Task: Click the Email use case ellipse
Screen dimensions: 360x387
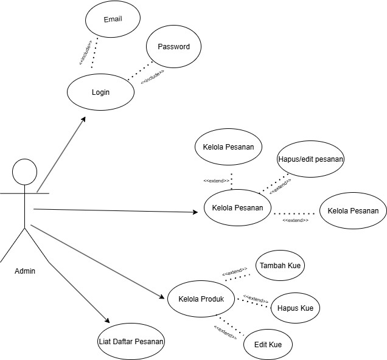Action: coord(113,19)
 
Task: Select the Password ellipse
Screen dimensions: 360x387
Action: coord(173,47)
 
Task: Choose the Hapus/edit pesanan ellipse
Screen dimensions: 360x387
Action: coord(310,159)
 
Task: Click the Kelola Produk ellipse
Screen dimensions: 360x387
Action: coord(201,299)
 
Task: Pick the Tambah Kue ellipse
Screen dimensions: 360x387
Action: coord(281,266)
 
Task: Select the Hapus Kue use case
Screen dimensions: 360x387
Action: coord(295,308)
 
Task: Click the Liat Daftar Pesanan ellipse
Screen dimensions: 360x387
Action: coord(131,341)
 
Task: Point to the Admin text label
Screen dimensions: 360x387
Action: coord(24,271)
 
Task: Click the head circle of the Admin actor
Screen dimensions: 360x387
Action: coord(25,171)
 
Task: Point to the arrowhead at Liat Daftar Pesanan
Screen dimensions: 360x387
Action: coord(108,322)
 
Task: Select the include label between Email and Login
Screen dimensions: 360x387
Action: coord(85,52)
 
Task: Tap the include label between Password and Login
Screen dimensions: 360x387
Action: coord(152,77)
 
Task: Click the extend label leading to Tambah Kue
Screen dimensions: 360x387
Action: coord(234,272)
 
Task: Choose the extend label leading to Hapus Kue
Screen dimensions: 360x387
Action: coord(256,299)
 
